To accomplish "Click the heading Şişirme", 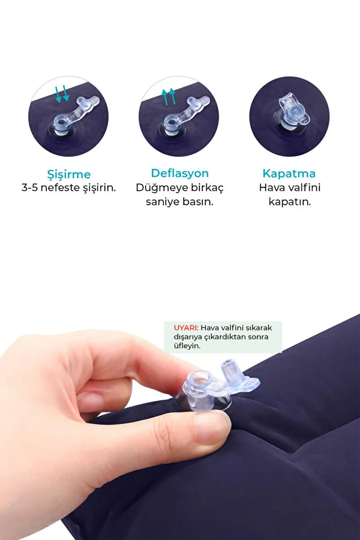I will (68, 174).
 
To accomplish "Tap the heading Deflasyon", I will (180, 173).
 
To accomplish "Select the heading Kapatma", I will (289, 173).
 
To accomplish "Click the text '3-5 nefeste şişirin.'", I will (68, 189).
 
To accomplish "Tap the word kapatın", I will (289, 202).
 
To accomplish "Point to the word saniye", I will (165, 202).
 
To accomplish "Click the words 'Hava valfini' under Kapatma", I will (289, 189).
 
